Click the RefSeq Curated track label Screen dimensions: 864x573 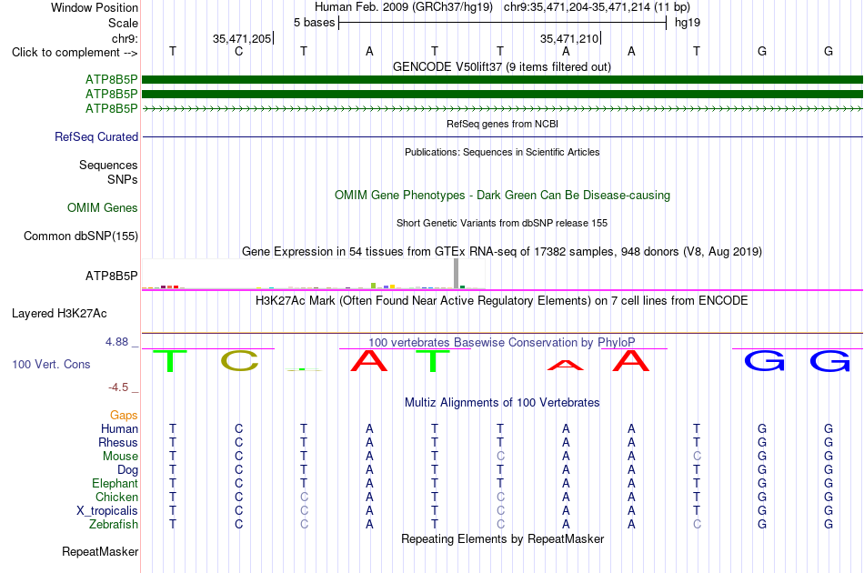click(96, 136)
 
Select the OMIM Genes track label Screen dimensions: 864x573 click(103, 207)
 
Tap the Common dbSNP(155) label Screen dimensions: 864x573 click(81, 236)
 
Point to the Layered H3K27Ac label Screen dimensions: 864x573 click(59, 314)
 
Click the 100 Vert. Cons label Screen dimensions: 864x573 click(51, 364)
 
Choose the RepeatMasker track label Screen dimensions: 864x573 click(100, 551)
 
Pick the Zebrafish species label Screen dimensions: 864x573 click(114, 524)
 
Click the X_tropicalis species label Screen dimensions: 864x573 click(107, 511)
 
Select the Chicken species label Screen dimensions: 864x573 click(116, 497)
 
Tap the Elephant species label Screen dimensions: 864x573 click(116, 483)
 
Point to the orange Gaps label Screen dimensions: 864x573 click(124, 415)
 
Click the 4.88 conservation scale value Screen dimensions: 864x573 click(116, 342)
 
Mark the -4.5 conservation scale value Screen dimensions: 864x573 click(118, 387)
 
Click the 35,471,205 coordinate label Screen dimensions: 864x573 click(242, 38)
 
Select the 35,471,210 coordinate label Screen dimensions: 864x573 click(569, 38)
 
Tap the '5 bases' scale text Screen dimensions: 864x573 click(314, 23)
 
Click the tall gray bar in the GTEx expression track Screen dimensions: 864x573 click(457, 273)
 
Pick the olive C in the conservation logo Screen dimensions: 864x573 click(239, 361)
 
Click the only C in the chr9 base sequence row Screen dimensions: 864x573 click(238, 51)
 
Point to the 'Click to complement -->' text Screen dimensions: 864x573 click(75, 53)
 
